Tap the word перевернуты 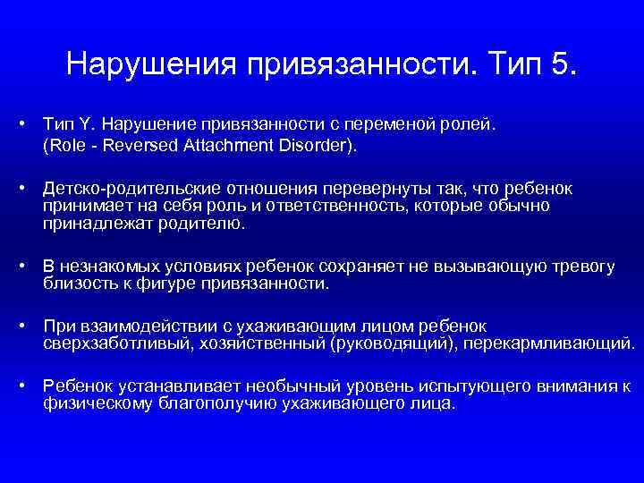(331, 189)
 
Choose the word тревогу (587, 267)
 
